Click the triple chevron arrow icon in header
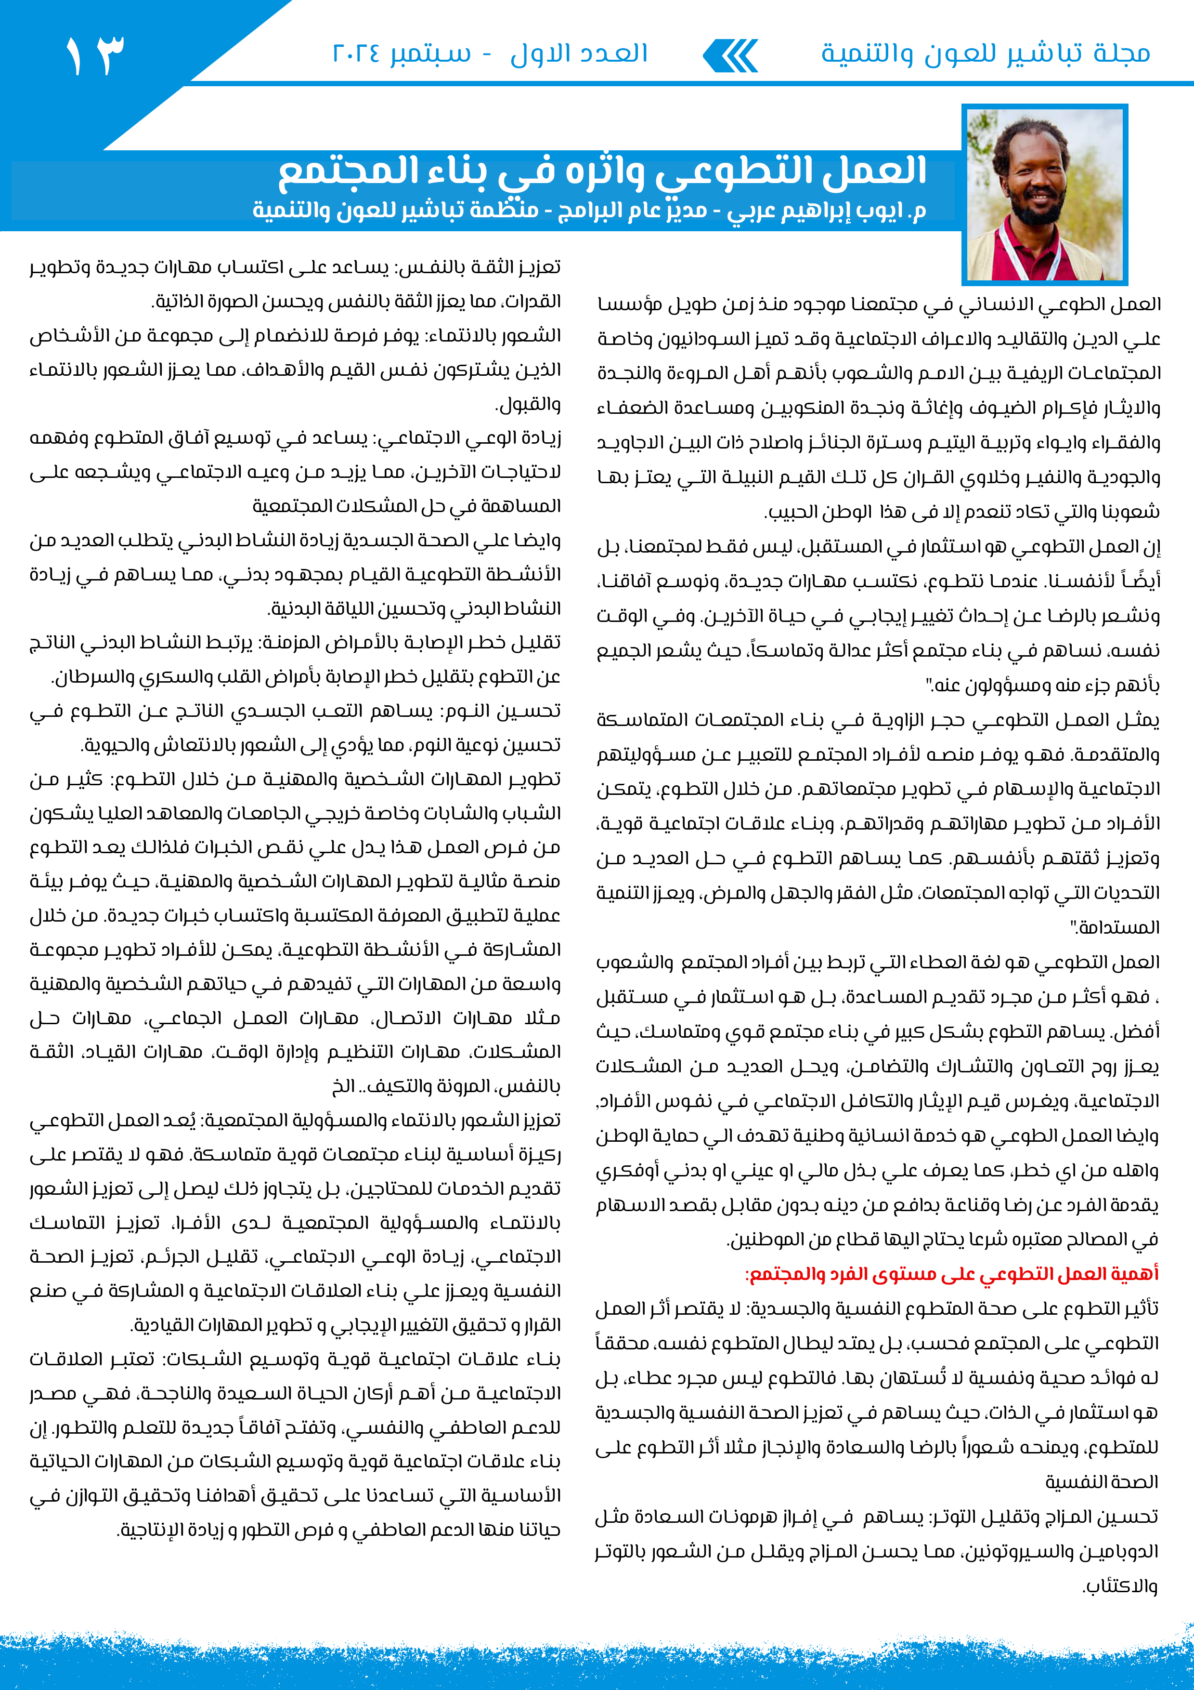pos(730,56)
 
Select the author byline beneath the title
pos(588,211)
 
